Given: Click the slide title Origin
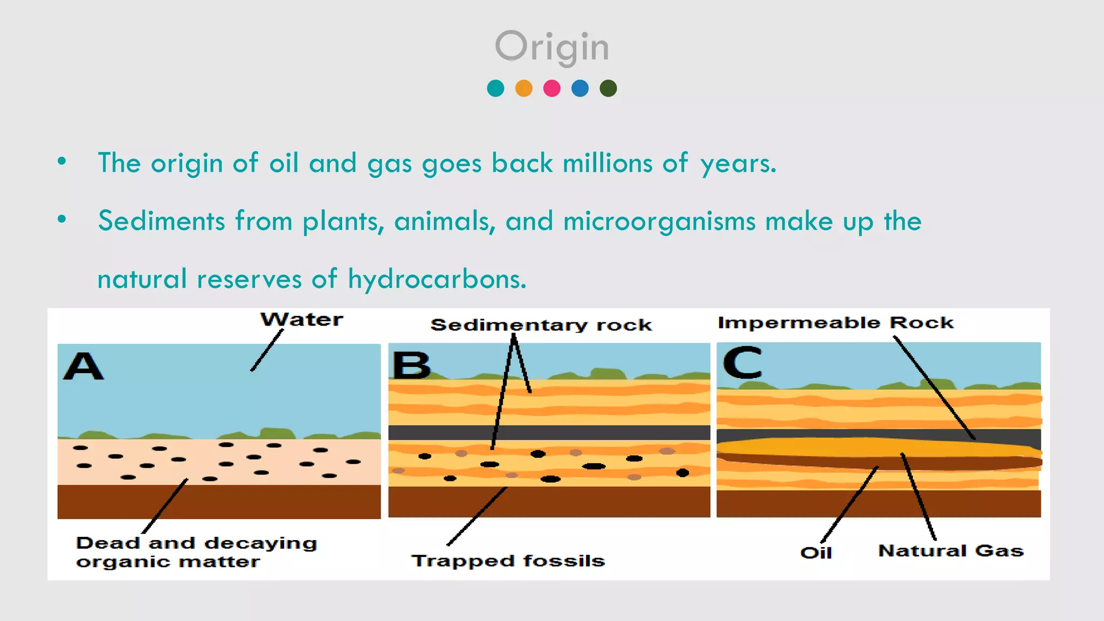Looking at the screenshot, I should (552, 47).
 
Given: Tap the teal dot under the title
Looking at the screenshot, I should (495, 88).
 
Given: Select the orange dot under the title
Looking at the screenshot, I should (523, 88).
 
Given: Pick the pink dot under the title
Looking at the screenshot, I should (551, 88).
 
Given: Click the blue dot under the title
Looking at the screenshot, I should (580, 88).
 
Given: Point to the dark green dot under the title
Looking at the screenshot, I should (608, 88).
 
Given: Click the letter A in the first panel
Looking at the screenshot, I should (83, 367).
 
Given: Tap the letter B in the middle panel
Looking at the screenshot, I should (411, 365).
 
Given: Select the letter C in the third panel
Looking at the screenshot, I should (742, 363).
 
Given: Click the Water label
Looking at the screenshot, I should (302, 320).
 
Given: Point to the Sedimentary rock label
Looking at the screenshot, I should (541, 325).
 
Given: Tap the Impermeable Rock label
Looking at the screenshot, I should (836, 323).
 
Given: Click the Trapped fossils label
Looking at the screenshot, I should (508, 561).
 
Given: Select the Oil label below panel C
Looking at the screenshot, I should (816, 553).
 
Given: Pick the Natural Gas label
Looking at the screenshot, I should (950, 551).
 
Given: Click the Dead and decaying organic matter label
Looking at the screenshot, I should (196, 552).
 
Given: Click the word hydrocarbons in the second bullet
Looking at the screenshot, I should (437, 279).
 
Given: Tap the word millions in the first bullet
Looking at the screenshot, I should (608, 163).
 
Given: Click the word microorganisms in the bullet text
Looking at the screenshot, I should (659, 222).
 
